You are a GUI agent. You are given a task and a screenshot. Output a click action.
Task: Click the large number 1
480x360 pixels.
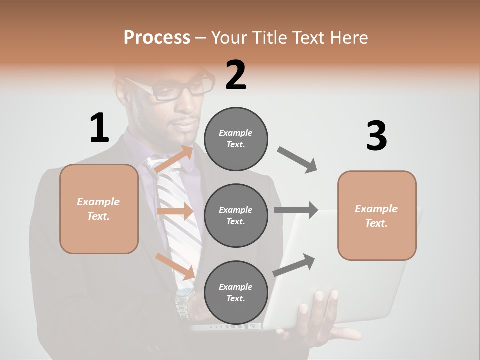point(99,128)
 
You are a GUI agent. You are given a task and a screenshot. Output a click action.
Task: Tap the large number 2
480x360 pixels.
point(236,75)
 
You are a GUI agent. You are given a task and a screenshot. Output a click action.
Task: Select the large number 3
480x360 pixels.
point(376,136)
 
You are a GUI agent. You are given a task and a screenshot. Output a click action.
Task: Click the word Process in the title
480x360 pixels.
point(157,37)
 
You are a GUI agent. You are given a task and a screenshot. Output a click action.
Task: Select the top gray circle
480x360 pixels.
point(236,139)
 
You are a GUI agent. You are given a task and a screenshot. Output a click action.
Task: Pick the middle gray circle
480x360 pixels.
point(236,215)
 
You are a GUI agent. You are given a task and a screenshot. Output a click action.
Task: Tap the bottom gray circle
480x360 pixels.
point(236,292)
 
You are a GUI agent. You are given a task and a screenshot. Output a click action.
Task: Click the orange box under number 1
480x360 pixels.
point(99,209)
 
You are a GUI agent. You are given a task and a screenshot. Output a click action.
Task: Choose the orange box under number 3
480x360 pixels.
point(377,215)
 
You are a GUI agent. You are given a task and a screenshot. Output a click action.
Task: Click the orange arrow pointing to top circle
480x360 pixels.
point(175,159)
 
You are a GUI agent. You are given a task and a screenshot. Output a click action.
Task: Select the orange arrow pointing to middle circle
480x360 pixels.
point(175,211)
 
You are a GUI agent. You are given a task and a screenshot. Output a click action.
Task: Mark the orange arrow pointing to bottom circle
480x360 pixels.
point(175,266)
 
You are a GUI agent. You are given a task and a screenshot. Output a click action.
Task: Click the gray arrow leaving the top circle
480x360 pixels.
point(297,160)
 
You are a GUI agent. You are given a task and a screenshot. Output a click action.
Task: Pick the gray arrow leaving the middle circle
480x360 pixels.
point(296,210)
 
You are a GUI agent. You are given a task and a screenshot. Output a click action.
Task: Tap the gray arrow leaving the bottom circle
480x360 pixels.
point(294,264)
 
